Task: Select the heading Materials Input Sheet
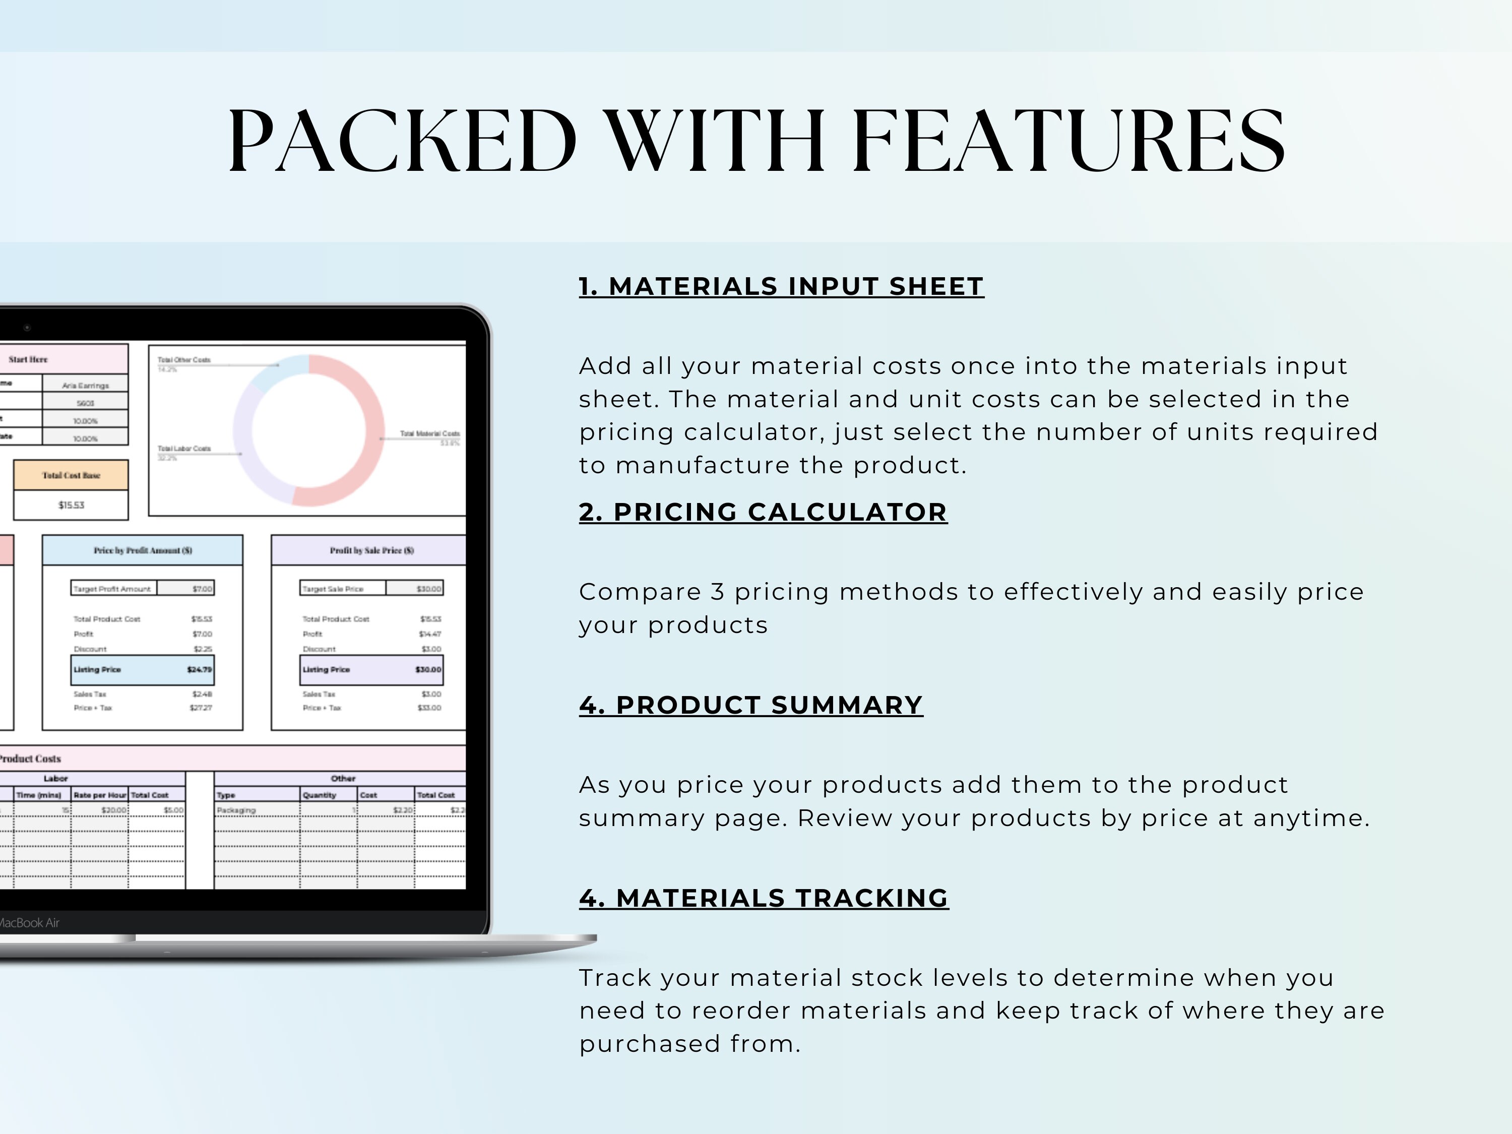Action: click(781, 286)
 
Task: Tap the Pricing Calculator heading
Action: click(763, 512)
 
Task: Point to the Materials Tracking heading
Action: click(764, 898)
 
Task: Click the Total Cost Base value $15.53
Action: click(71, 505)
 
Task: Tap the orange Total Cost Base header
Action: click(71, 475)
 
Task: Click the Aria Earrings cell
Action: click(86, 386)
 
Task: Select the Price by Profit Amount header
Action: click(143, 550)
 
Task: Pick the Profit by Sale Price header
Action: click(372, 550)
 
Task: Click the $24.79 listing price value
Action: click(200, 670)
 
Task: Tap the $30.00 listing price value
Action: click(428, 670)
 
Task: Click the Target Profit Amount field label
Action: click(112, 589)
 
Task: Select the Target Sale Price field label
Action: click(334, 589)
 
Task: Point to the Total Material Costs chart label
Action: click(430, 433)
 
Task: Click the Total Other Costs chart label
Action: click(184, 359)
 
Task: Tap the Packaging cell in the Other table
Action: click(236, 810)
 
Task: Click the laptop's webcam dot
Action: click(27, 328)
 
